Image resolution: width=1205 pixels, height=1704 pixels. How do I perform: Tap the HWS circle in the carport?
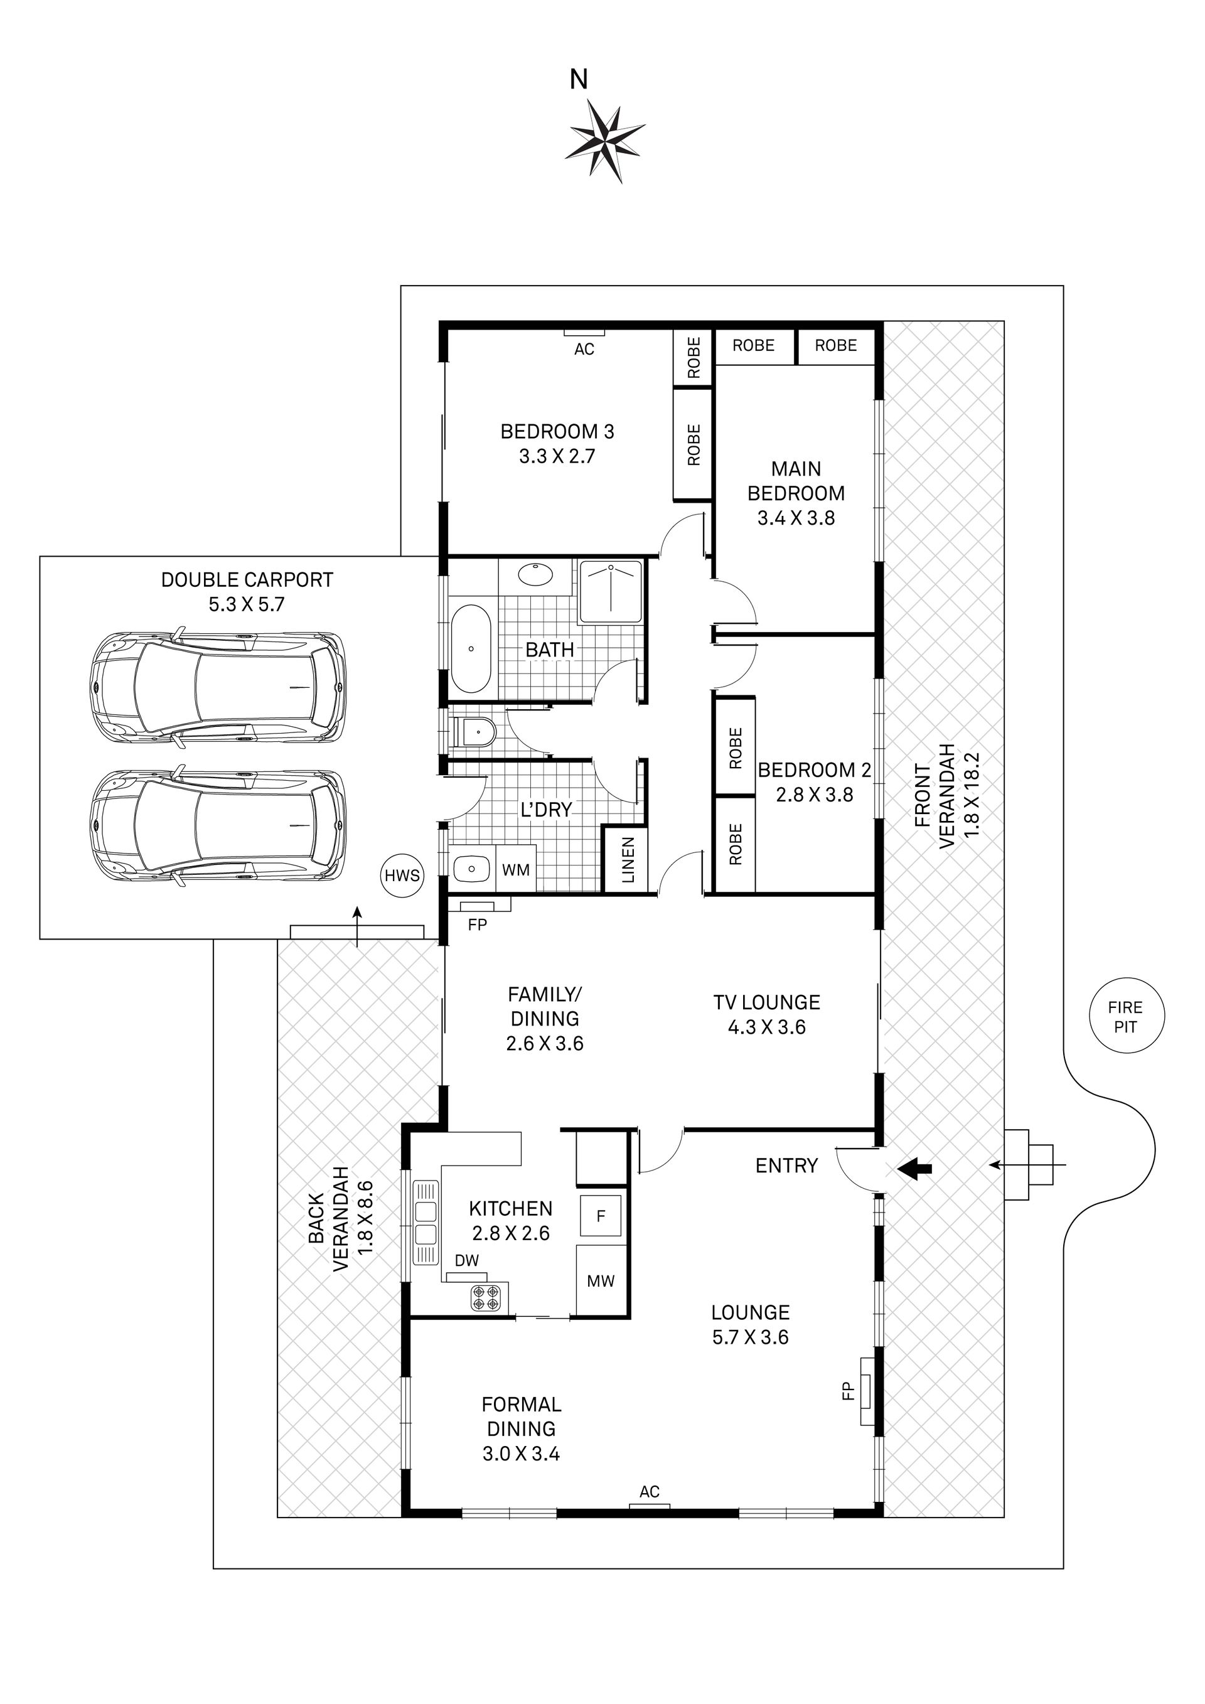tap(402, 876)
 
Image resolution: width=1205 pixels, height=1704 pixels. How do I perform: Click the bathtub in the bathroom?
tap(471, 648)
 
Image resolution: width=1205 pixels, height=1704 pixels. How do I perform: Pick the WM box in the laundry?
tap(516, 869)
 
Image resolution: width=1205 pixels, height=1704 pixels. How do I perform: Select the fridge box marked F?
tap(601, 1215)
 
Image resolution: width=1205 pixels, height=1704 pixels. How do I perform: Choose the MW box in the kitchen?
tap(601, 1280)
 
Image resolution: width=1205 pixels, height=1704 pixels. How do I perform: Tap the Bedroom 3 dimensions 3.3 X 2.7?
tap(557, 456)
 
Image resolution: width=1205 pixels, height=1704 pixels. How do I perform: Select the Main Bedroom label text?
tap(796, 481)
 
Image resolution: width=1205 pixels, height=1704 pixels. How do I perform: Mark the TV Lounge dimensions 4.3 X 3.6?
tap(766, 1027)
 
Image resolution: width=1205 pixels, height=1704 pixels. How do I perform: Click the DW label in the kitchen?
tap(467, 1260)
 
